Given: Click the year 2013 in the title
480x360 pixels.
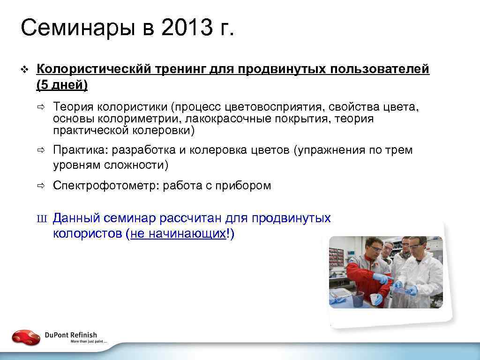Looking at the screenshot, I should click(185, 29).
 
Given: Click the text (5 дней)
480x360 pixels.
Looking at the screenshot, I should click(62, 85).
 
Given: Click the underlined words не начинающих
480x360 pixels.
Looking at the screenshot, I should click(178, 234).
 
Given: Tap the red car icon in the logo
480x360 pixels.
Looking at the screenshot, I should click(26, 337).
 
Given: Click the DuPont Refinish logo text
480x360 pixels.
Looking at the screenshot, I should click(71, 335).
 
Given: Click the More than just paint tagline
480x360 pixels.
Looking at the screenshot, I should click(89, 342).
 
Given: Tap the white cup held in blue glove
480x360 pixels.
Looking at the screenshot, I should click(375, 299).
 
